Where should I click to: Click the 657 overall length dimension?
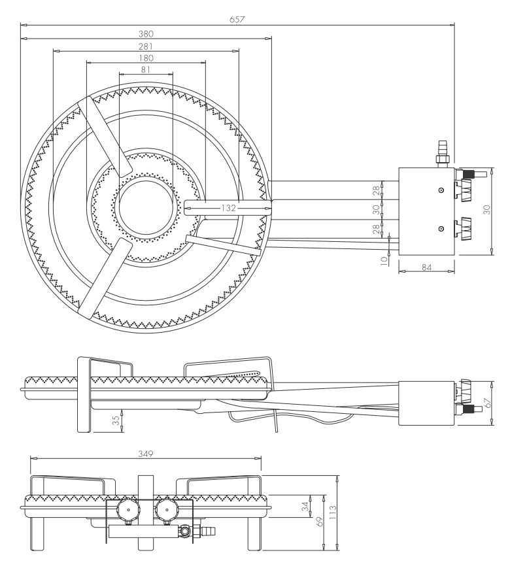click(237, 20)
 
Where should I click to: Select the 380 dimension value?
click(146, 33)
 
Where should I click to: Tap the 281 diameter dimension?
click(146, 46)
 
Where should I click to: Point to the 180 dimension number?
click(146, 58)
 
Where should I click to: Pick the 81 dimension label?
click(145, 69)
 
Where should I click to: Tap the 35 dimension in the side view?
click(115, 418)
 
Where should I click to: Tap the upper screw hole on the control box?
click(442, 190)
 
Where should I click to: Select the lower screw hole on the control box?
click(442, 228)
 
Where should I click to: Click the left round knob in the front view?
click(126, 508)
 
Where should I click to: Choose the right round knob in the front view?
click(165, 508)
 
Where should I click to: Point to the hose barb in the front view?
click(209, 532)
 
